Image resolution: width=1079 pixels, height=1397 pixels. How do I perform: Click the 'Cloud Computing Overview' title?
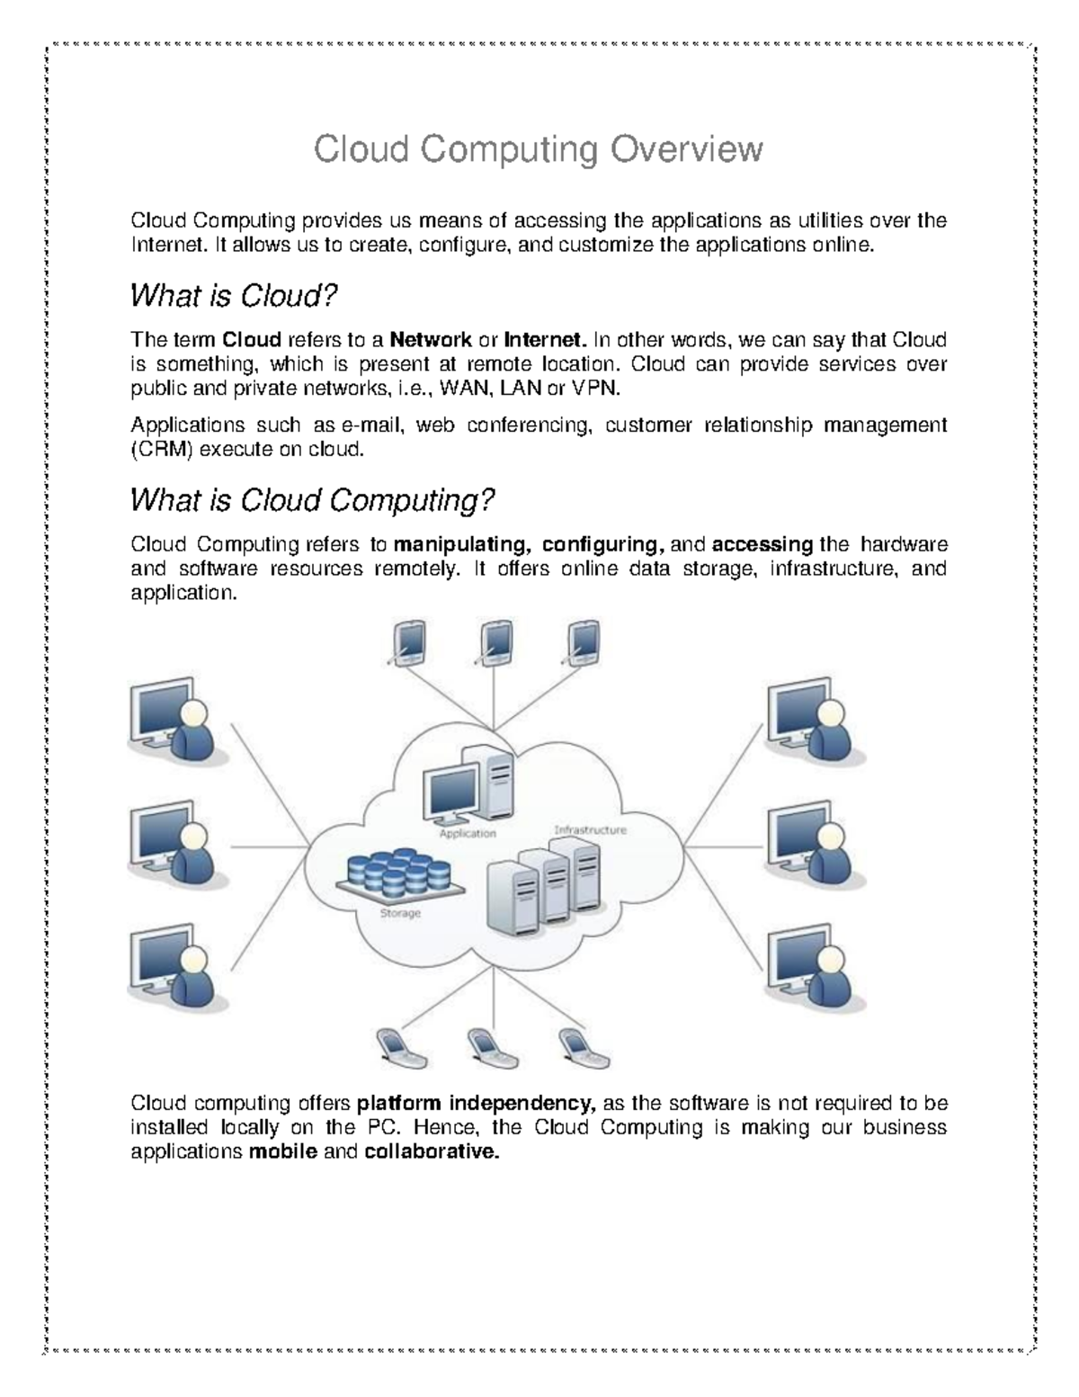click(x=538, y=149)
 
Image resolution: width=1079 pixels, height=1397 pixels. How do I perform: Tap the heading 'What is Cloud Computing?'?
click(x=312, y=499)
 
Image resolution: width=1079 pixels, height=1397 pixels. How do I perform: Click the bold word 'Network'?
click(x=431, y=340)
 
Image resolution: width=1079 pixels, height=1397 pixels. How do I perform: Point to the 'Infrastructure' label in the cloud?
click(x=590, y=829)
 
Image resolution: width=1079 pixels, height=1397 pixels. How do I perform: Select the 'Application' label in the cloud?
click(x=468, y=834)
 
